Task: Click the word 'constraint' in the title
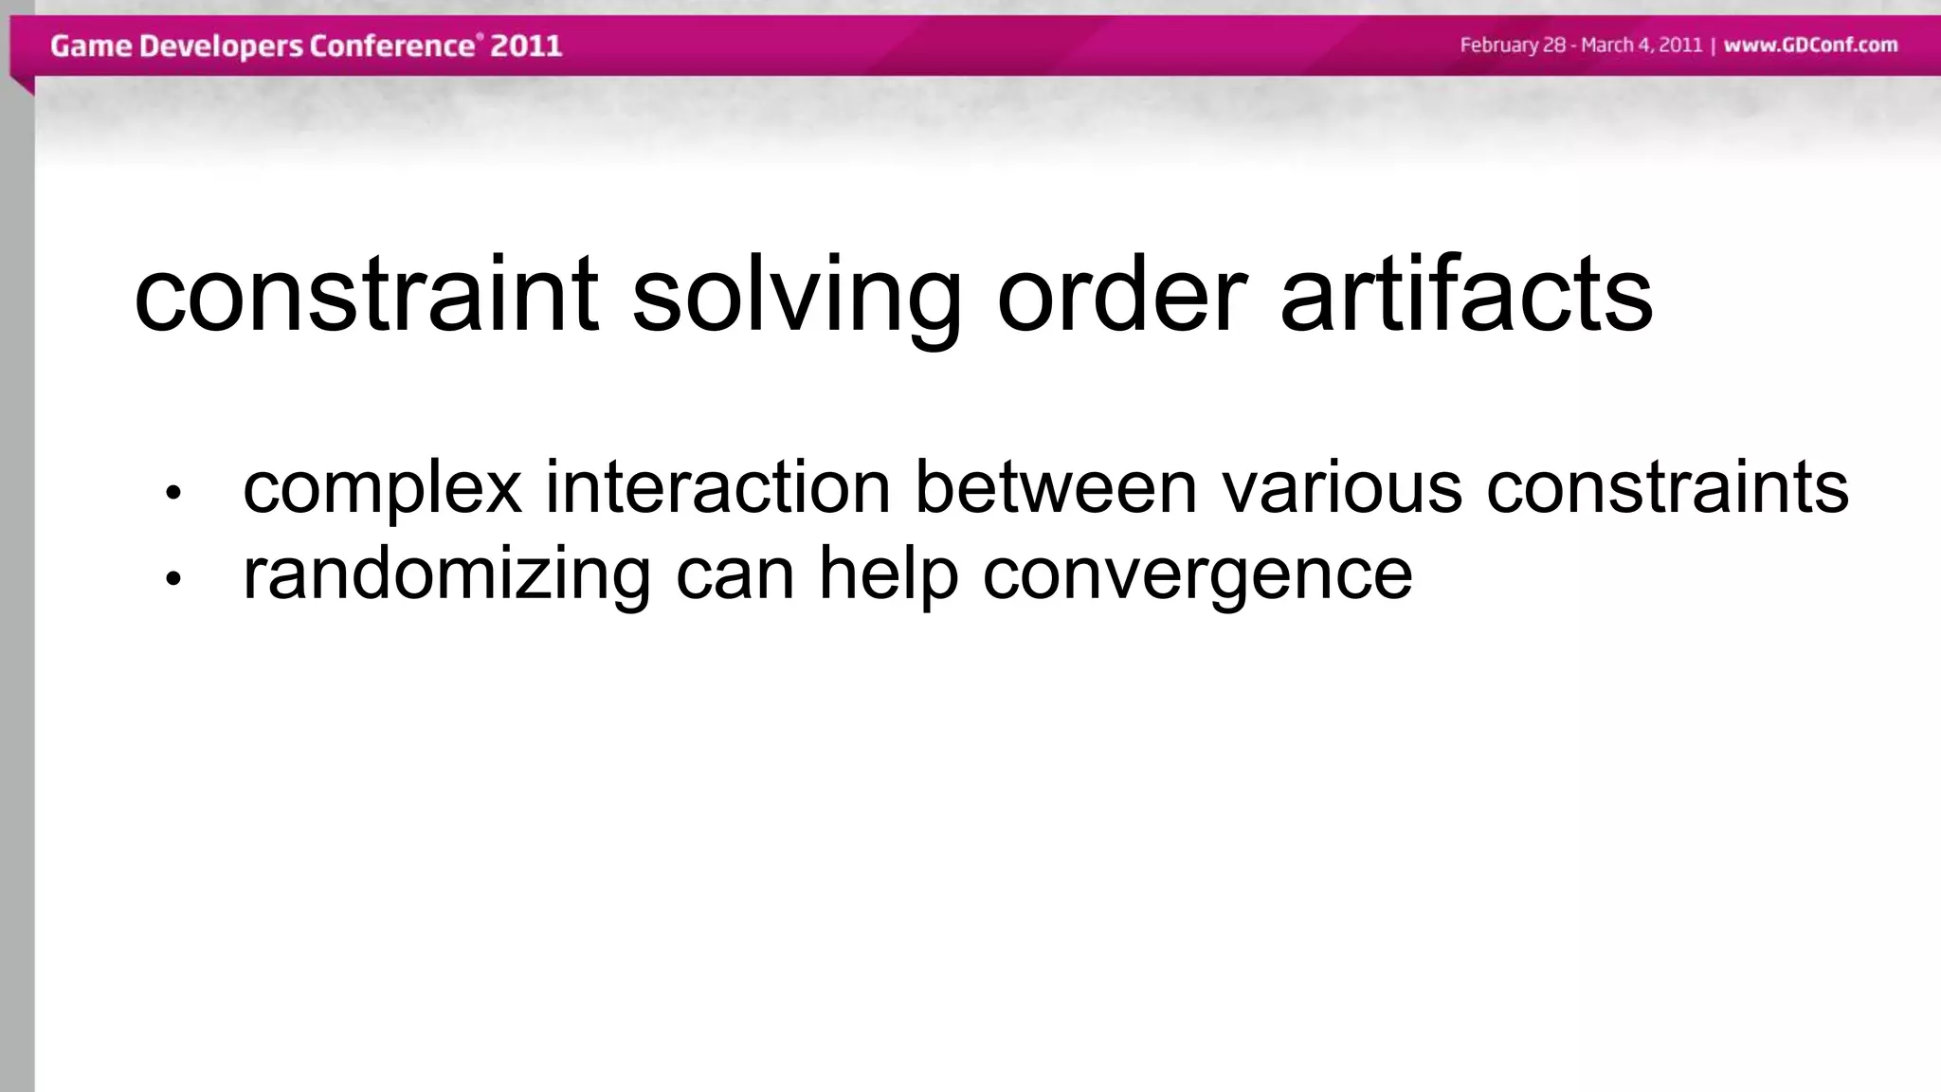click(x=366, y=296)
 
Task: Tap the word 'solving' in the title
click(x=796, y=296)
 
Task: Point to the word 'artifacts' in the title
click(x=1466, y=296)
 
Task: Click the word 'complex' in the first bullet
click(x=382, y=489)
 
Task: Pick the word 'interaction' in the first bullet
click(x=717, y=487)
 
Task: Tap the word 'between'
click(x=1056, y=487)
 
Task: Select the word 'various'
click(x=1341, y=487)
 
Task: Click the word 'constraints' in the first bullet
click(x=1667, y=487)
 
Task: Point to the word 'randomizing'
click(x=446, y=575)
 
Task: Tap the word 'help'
click(x=888, y=575)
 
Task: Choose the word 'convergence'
click(x=1197, y=575)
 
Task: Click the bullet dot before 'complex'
click(x=172, y=492)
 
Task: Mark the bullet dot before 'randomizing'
click(x=172, y=579)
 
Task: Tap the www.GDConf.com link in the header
click(x=1810, y=45)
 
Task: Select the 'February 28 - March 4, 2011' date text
click(x=1581, y=45)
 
